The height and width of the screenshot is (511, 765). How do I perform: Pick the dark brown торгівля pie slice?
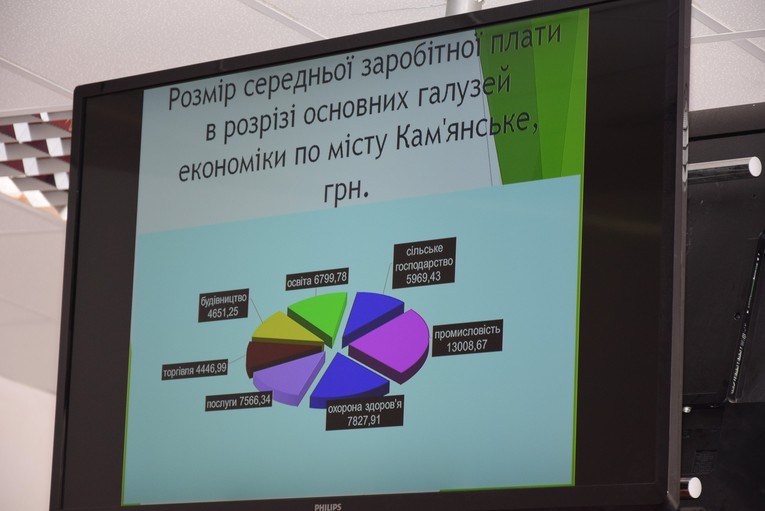point(280,357)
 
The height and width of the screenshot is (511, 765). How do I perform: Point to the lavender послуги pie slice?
point(289,378)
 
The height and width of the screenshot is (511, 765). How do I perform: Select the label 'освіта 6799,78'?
point(317,280)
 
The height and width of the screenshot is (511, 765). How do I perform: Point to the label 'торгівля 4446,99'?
point(195,370)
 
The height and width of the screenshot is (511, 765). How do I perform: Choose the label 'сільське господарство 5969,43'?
point(424,263)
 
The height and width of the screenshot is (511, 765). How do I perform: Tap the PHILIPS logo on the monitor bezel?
point(328,507)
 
